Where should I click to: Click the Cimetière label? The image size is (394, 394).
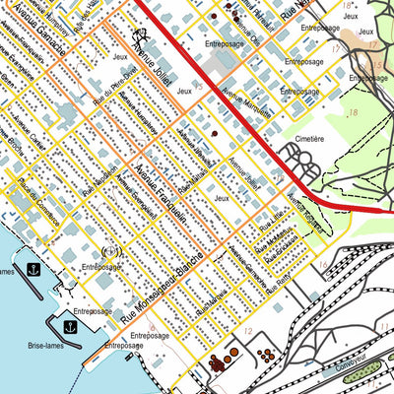tap(311, 139)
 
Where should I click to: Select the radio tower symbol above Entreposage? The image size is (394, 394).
tap(109, 251)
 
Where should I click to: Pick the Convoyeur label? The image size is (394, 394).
tap(353, 375)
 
